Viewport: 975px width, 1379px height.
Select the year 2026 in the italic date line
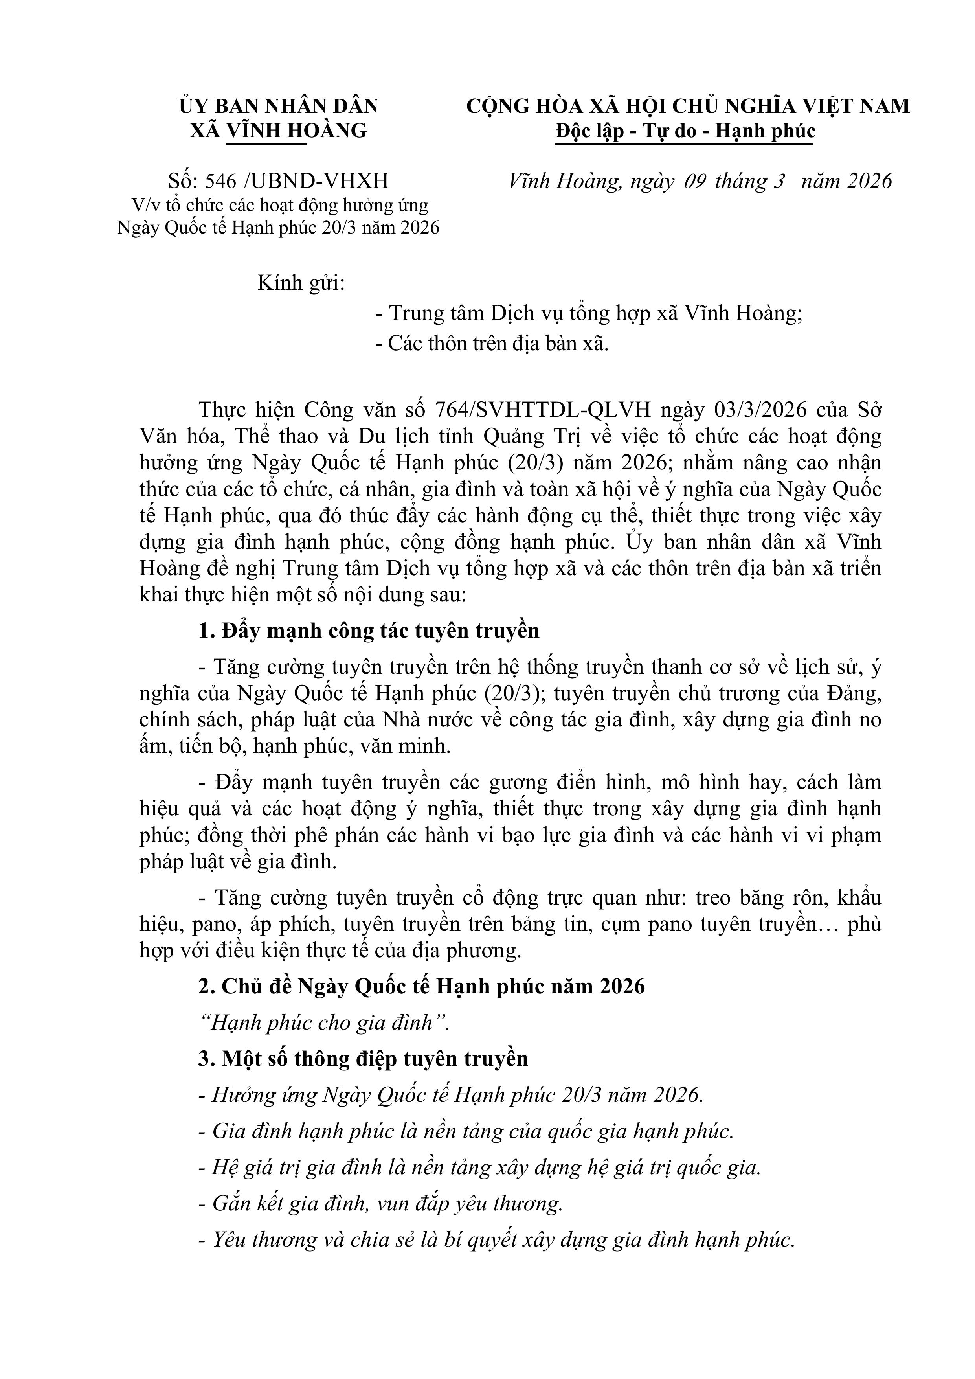click(x=869, y=181)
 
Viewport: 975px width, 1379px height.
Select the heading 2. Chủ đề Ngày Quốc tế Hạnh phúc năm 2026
click(x=421, y=986)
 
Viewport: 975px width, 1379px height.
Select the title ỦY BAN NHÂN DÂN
click(x=279, y=106)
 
